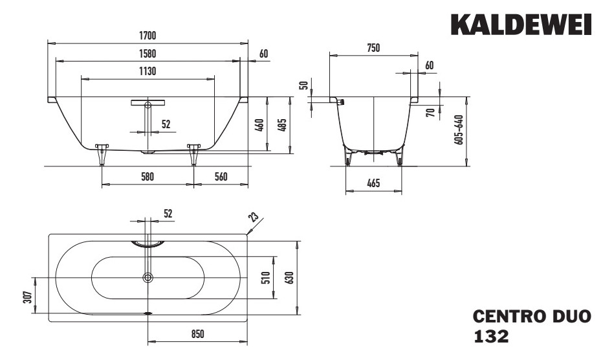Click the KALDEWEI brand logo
click(521, 25)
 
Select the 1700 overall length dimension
click(148, 36)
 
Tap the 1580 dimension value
click(148, 53)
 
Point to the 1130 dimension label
click(148, 71)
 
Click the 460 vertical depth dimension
click(259, 124)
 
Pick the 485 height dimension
click(281, 124)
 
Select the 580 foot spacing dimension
click(148, 177)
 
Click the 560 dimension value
click(221, 177)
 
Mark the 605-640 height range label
click(459, 130)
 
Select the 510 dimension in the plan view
click(265, 277)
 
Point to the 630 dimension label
click(289, 277)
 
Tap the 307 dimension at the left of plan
click(27, 295)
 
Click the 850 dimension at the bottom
click(198, 333)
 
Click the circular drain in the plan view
click(148, 278)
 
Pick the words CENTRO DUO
click(532, 318)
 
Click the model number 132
click(491, 337)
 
